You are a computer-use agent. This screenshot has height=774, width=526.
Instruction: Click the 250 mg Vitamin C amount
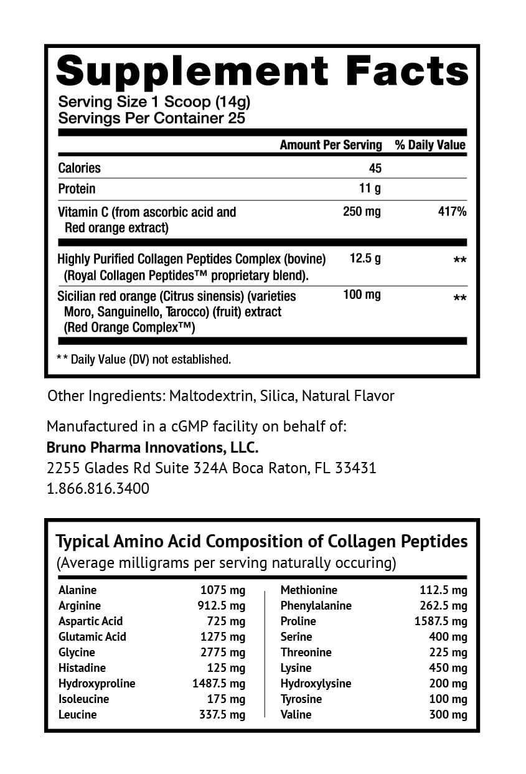point(362,212)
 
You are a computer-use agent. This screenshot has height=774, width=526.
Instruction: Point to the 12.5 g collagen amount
point(365,258)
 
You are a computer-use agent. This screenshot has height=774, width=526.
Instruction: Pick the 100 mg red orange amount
point(362,295)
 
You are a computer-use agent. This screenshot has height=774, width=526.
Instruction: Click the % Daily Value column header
point(430,145)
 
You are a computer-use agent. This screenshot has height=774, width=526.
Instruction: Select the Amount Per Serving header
point(331,145)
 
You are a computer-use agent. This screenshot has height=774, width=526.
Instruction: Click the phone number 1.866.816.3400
point(98,489)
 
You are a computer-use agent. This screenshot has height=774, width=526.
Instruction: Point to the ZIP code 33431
point(355,468)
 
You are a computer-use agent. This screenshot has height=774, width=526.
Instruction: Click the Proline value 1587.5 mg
point(441,621)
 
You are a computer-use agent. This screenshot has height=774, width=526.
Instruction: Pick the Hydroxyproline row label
point(96,684)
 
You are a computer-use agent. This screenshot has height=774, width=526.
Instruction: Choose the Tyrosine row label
point(301,699)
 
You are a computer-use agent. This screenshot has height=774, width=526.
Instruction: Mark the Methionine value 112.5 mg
point(444,590)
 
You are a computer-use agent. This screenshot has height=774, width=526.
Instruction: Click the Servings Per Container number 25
point(237,118)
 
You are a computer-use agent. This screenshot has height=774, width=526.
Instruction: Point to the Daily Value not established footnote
point(144,359)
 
